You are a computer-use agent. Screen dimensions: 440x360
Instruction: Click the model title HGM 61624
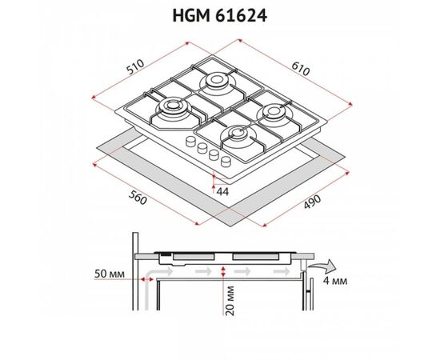[x=219, y=16]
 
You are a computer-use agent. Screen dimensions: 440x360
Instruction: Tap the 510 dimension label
[x=135, y=66]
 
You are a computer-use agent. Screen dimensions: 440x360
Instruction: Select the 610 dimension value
[x=301, y=69]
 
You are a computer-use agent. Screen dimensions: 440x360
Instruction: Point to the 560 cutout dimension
[x=138, y=198]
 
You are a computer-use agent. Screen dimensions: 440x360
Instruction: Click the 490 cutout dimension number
[x=312, y=202]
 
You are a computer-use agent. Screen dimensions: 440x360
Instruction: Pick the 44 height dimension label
[x=223, y=192]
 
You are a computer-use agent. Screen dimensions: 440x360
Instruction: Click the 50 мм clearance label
[x=109, y=274]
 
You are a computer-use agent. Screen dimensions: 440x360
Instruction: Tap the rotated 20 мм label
[x=230, y=301]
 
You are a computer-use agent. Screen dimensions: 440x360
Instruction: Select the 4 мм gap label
[x=335, y=281]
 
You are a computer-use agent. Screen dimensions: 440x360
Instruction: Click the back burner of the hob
[x=216, y=80]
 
